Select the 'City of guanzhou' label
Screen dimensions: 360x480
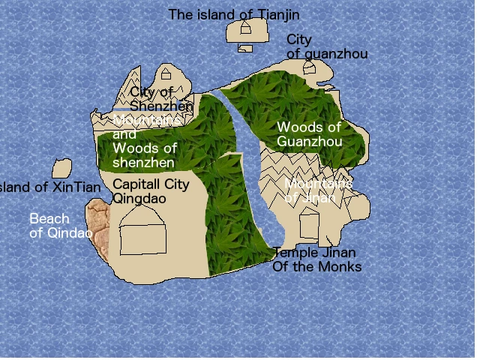click(326, 46)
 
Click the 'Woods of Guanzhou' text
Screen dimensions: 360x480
click(309, 134)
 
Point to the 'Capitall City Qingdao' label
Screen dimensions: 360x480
click(151, 191)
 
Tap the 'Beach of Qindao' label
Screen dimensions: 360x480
click(60, 226)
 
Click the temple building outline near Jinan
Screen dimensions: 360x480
click(310, 225)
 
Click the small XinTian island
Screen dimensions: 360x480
click(61, 169)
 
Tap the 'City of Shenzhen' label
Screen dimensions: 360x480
click(160, 99)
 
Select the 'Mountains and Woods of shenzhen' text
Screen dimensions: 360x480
click(145, 141)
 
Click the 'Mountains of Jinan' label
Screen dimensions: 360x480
click(319, 190)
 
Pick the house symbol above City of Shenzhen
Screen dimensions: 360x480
click(166, 74)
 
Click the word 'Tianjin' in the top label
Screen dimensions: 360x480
click(280, 14)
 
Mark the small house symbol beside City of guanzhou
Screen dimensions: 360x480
click(310, 67)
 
